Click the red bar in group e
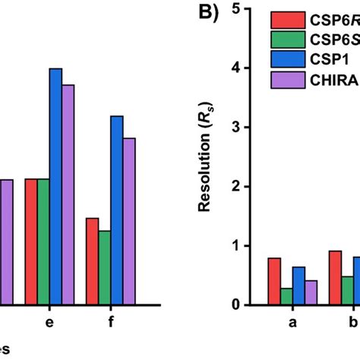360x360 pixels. pyautogui.click(x=31, y=242)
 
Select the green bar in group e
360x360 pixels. pyautogui.click(x=43, y=242)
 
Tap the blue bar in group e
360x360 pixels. pyautogui.click(x=55, y=186)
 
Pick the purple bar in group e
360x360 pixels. pyautogui.click(x=68, y=194)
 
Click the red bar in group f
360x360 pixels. pyautogui.click(x=92, y=261)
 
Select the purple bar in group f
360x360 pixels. pyautogui.click(x=129, y=221)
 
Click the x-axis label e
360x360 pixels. pyautogui.click(x=50, y=323)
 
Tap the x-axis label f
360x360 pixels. pyautogui.click(x=111, y=323)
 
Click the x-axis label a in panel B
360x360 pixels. pyautogui.click(x=292, y=323)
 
